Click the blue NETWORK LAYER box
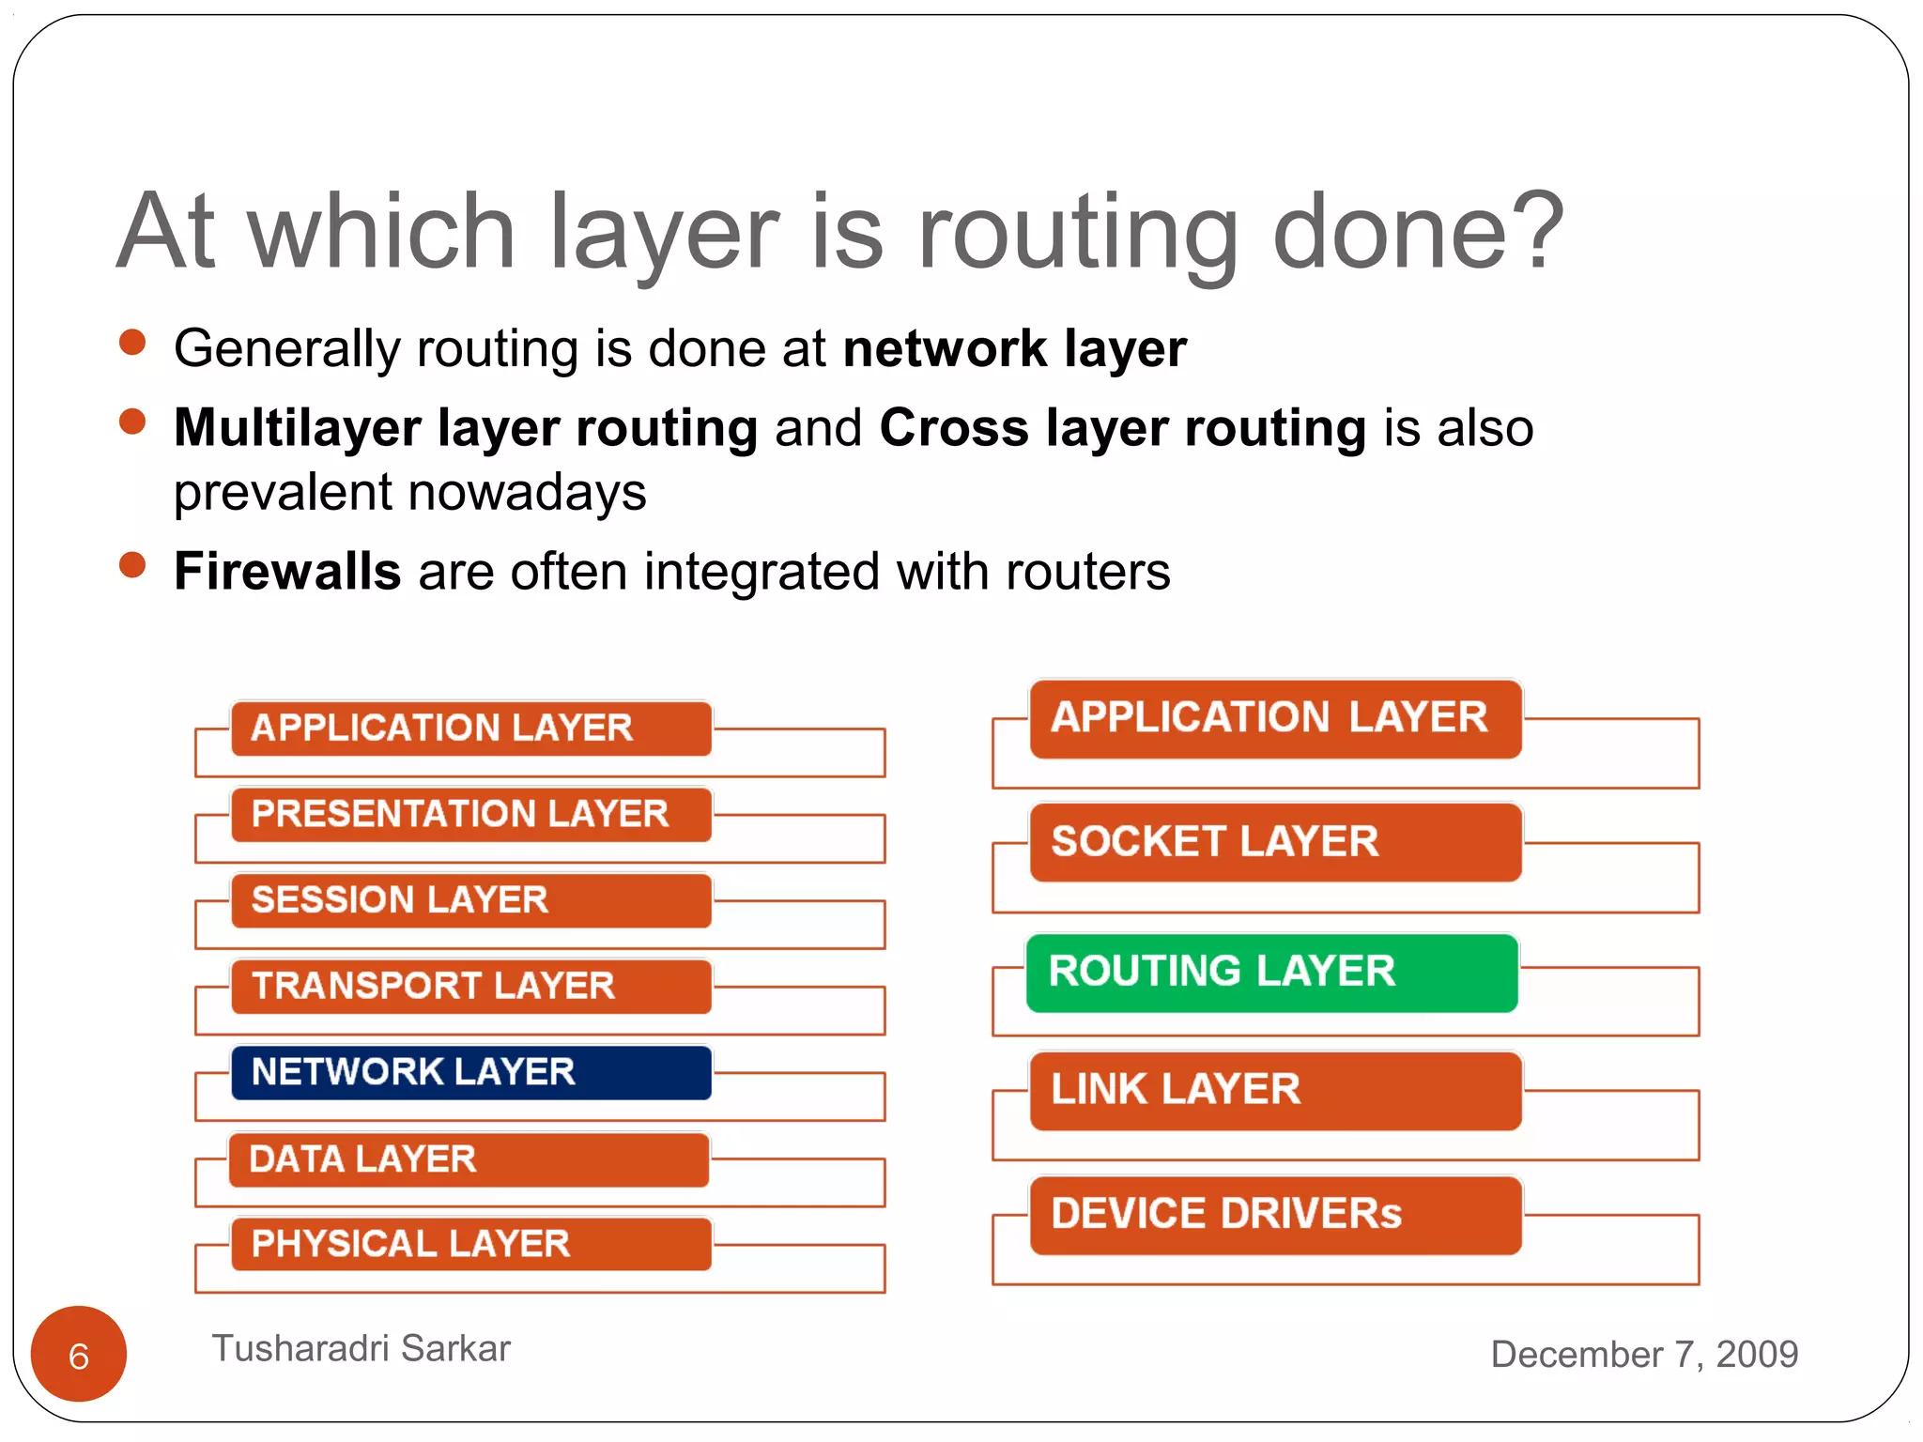471,1072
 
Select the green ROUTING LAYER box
1271,973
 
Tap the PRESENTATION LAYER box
471,814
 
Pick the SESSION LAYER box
471,900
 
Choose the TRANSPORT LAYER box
471,986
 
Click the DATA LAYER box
469,1159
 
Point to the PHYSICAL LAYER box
471,1244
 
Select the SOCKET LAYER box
1275,842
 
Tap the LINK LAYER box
1275,1091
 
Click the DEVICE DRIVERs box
1275,1215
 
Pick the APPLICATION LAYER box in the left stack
471,729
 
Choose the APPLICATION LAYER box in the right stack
1275,718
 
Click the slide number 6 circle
79,1354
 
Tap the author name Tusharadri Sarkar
361,1348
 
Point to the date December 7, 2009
1643,1354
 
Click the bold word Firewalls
287,571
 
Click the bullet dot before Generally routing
132,343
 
